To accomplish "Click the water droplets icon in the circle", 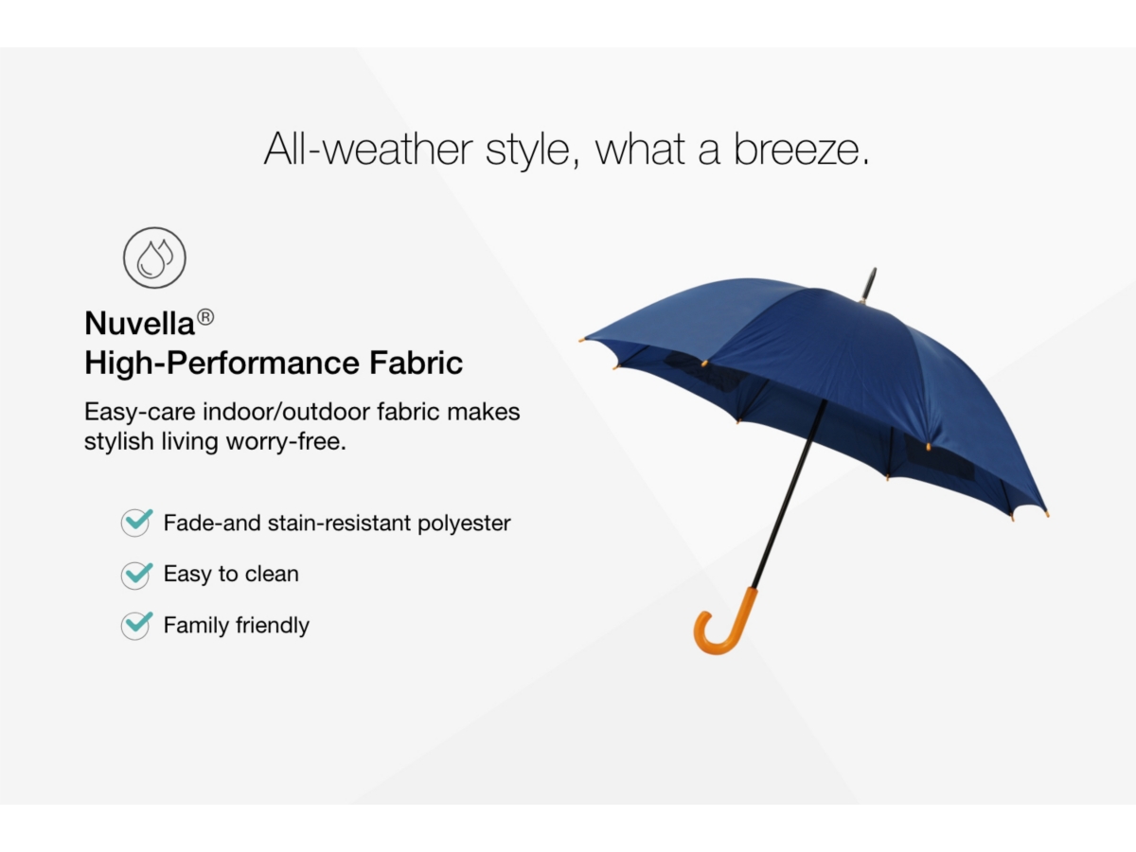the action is [154, 257].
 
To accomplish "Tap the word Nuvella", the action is [140, 324].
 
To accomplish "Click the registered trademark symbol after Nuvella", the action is [205, 317].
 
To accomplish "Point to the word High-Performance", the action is [222, 364].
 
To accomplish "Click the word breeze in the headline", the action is [801, 149].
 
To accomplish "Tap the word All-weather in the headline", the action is [368, 149].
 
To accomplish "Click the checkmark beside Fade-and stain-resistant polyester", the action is [136, 522].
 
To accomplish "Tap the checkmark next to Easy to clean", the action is [136, 575].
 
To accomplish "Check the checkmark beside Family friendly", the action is [136, 625].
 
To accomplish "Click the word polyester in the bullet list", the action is [464, 524].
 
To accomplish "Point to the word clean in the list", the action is [272, 574].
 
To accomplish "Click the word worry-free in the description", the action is [286, 442].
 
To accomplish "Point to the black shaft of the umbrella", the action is [790, 494].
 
